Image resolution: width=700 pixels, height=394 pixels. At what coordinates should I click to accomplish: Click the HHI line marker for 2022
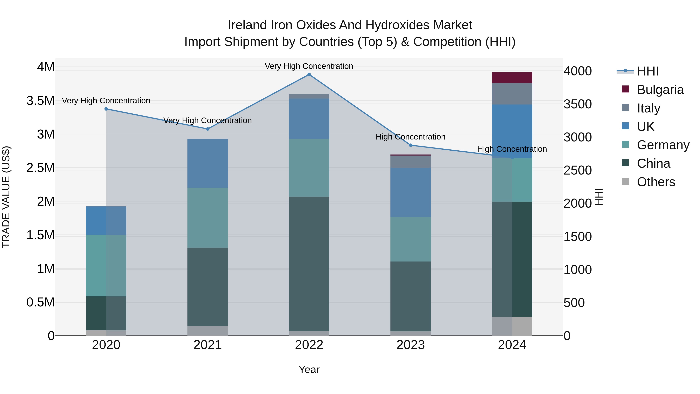(x=309, y=75)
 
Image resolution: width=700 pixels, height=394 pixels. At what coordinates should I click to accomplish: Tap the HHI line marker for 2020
(x=106, y=109)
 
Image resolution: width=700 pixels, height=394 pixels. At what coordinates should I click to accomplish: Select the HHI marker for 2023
(x=411, y=145)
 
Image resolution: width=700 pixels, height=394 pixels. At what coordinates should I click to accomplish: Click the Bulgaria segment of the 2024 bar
(x=512, y=78)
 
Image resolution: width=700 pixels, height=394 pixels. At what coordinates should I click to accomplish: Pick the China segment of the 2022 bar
(x=309, y=264)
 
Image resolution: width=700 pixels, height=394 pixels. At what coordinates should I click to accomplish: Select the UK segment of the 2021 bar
(x=208, y=163)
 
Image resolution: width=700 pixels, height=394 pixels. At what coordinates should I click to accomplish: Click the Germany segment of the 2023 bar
(x=411, y=239)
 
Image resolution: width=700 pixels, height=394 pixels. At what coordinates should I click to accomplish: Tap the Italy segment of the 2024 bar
(x=512, y=94)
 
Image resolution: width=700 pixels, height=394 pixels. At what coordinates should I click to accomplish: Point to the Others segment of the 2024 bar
(x=512, y=326)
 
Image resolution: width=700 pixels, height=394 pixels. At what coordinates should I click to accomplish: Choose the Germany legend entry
(x=663, y=145)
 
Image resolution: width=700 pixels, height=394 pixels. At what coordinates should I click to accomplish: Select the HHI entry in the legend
(x=647, y=71)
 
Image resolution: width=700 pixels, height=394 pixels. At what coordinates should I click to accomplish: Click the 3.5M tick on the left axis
(x=40, y=101)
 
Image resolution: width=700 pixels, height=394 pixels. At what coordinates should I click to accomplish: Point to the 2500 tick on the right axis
(x=577, y=170)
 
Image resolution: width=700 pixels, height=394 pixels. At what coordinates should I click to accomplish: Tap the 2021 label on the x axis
(x=208, y=345)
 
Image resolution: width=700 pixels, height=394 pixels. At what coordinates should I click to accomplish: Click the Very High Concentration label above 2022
(x=309, y=66)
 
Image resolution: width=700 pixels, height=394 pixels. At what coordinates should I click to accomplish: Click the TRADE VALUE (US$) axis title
(x=6, y=197)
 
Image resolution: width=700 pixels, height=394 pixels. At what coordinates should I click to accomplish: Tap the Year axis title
(x=309, y=369)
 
